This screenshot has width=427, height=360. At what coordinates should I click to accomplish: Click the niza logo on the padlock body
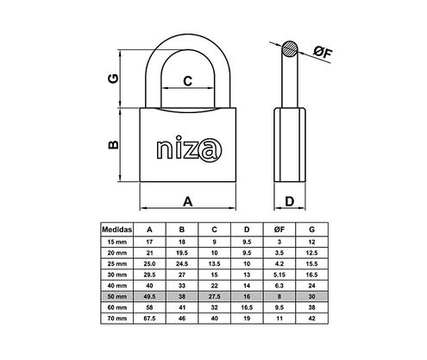pyautogui.click(x=186, y=148)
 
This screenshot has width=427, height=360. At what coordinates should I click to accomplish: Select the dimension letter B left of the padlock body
pyautogui.click(x=112, y=146)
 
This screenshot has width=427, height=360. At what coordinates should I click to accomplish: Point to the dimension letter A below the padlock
pyautogui.click(x=187, y=202)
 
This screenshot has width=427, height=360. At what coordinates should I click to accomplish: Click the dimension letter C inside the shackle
pyautogui.click(x=187, y=82)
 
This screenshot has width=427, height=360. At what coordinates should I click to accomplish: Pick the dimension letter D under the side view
pyautogui.click(x=290, y=202)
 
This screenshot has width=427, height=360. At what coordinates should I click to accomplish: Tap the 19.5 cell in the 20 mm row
pyautogui.click(x=182, y=252)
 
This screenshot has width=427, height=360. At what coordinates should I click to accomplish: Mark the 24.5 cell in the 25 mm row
pyautogui.click(x=182, y=263)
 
